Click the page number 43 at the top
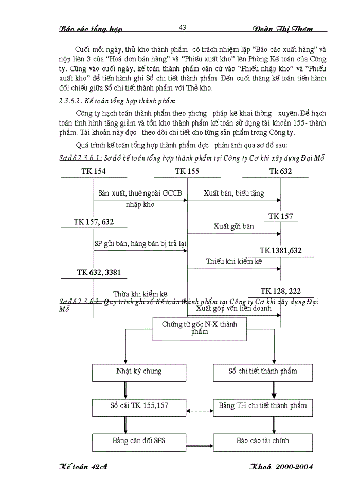pyautogui.click(x=182, y=27)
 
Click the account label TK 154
pyautogui.click(x=94, y=172)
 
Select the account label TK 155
pyautogui.click(x=187, y=172)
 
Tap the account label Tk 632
pyautogui.click(x=280, y=172)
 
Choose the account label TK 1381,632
pyautogui.click(x=280, y=251)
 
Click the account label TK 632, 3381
pyautogui.click(x=99, y=272)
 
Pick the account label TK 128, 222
pyautogui.click(x=280, y=291)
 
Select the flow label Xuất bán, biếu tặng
pyautogui.click(x=233, y=194)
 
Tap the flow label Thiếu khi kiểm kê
pyautogui.click(x=234, y=261)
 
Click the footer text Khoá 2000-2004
pyautogui.click(x=281, y=466)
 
